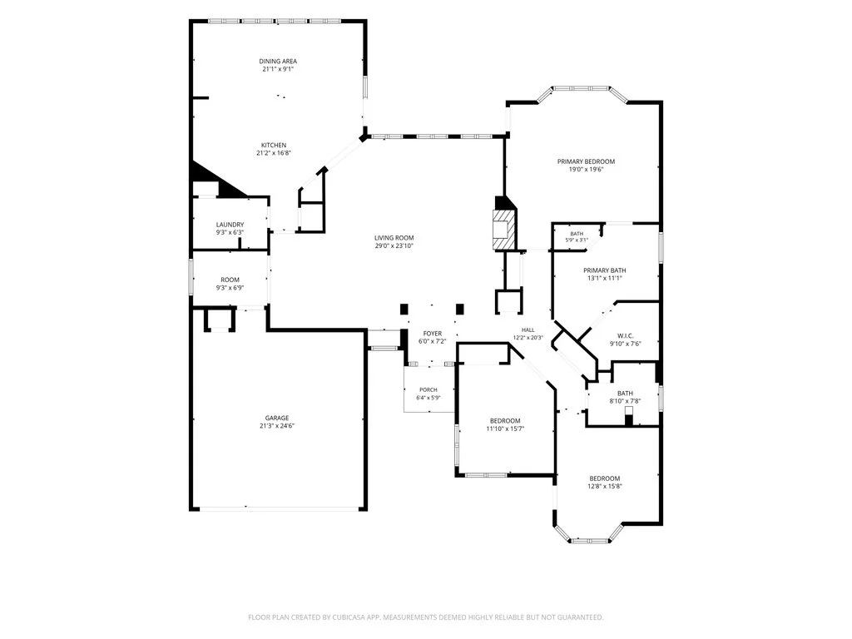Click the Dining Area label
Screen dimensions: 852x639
click(278, 62)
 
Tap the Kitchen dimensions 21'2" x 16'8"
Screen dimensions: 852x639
click(274, 153)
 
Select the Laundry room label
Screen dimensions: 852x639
click(230, 225)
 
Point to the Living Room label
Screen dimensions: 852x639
click(394, 237)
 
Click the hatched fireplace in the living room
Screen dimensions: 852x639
click(503, 230)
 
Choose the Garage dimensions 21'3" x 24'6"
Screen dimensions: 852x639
click(277, 426)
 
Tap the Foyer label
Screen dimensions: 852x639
click(433, 334)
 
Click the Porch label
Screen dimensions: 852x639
click(428, 389)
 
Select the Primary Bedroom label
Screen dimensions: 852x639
click(587, 161)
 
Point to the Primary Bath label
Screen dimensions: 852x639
click(605, 270)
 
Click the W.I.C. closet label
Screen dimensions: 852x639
click(626, 336)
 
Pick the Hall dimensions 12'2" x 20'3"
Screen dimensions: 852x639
click(528, 338)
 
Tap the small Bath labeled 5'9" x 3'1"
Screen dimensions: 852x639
click(577, 234)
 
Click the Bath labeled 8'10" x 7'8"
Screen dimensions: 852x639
click(625, 394)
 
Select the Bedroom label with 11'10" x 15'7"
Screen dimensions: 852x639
click(505, 420)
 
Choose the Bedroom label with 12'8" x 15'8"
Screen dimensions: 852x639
click(605, 478)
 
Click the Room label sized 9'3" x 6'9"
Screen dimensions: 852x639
click(230, 280)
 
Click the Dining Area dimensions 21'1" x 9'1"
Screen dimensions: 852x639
click(278, 69)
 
